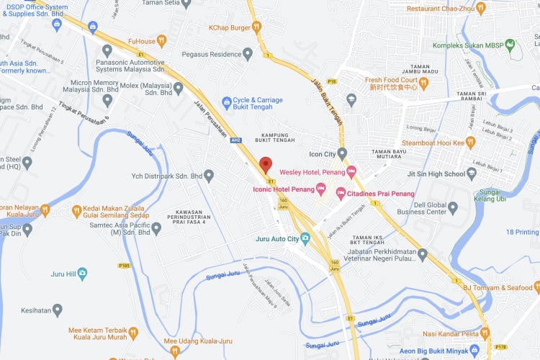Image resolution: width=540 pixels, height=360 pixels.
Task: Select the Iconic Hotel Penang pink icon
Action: [x=321, y=189]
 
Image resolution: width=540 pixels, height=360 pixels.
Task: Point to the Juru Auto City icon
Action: [x=306, y=238]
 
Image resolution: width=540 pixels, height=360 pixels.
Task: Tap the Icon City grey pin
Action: [x=342, y=153]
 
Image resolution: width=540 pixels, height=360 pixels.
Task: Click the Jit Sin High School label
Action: [x=435, y=174]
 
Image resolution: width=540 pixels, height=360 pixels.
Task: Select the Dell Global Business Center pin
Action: [x=453, y=207]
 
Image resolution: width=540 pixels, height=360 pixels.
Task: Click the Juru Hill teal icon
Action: [x=82, y=274]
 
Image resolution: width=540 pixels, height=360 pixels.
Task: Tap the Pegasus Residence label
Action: [x=211, y=54]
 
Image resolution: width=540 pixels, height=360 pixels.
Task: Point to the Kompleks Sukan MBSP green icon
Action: [x=511, y=46]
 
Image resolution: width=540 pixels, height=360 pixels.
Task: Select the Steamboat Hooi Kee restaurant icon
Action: [x=470, y=143]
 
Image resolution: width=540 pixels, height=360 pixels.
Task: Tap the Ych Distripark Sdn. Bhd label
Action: [x=166, y=175]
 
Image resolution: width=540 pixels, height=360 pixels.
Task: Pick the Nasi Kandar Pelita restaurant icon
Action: [x=485, y=333]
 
